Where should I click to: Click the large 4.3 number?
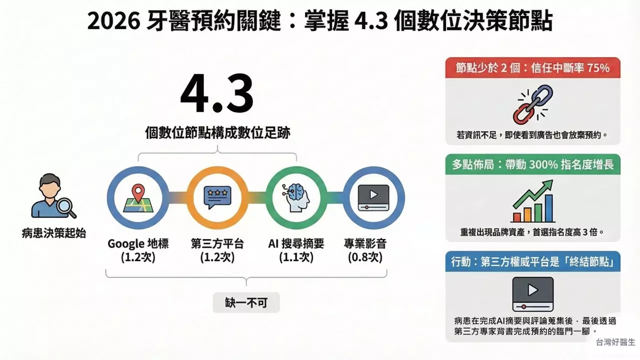click(x=217, y=94)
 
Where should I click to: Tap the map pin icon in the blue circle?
click(x=138, y=198)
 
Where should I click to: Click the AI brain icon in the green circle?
click(x=296, y=198)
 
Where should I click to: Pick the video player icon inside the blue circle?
click(x=373, y=198)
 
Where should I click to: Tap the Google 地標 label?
click(x=138, y=244)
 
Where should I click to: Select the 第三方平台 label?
click(x=217, y=244)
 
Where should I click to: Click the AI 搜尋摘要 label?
click(x=296, y=244)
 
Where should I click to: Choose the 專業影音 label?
click(x=365, y=244)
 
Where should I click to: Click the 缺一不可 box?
click(x=246, y=302)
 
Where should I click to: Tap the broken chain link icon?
click(x=532, y=104)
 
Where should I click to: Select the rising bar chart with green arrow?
click(x=533, y=201)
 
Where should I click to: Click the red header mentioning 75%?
click(x=532, y=67)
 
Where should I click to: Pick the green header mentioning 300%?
click(x=532, y=164)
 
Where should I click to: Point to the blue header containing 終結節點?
click(x=532, y=261)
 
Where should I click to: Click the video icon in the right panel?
click(x=532, y=294)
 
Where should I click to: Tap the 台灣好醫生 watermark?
click(x=615, y=342)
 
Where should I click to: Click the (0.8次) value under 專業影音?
click(x=365, y=257)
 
